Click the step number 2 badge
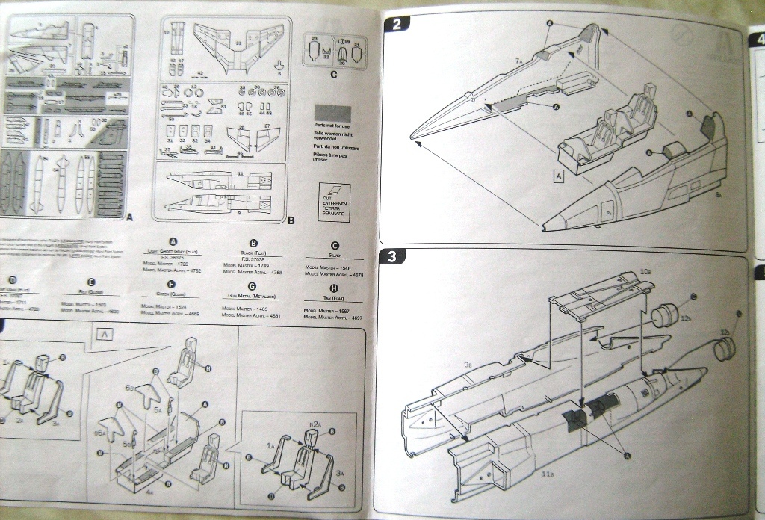(397, 24)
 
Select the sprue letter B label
(290, 221)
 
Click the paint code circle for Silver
(335, 245)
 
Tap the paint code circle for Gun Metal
(252, 286)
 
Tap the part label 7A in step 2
(518, 59)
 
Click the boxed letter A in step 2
(558, 176)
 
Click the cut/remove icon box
(334, 199)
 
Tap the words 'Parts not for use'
(332, 126)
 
